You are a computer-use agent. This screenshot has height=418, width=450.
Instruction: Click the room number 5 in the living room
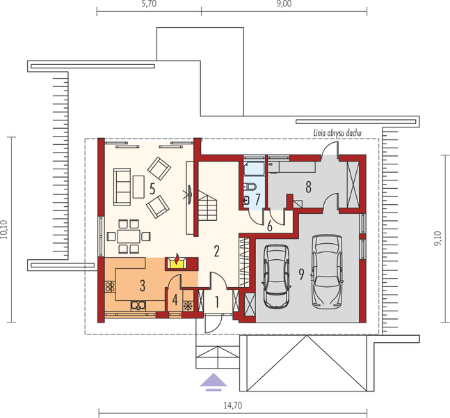(x=152, y=187)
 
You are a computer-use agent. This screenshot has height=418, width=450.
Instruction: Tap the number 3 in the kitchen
(x=141, y=284)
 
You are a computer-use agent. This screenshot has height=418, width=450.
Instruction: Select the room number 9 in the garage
(x=301, y=274)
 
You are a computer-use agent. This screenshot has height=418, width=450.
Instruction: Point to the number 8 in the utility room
(x=306, y=186)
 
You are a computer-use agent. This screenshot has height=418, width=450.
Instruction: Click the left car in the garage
(x=276, y=276)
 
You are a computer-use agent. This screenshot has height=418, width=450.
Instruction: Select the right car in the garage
(x=326, y=270)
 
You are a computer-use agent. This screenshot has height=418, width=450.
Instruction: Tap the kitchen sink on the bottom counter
(x=138, y=304)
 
